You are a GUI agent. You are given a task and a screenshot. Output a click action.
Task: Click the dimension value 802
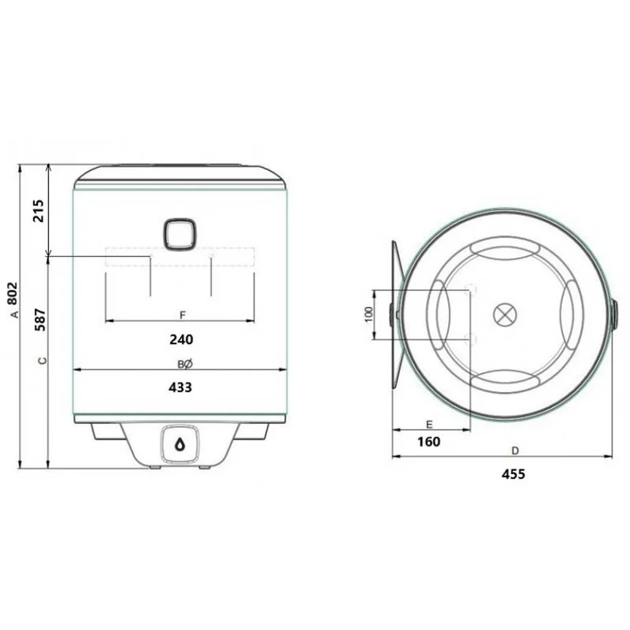point(13,294)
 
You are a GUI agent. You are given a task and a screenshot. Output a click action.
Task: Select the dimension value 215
point(39,210)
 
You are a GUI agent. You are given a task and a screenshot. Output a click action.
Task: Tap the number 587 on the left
point(40,320)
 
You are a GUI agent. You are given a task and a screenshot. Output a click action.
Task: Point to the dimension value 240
point(181,340)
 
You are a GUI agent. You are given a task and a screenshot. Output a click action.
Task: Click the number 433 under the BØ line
point(180,387)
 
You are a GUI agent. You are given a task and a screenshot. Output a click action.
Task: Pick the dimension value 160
point(428,442)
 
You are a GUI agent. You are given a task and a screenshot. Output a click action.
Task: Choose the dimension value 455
point(513,475)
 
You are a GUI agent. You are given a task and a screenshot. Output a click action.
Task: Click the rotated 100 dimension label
point(369,314)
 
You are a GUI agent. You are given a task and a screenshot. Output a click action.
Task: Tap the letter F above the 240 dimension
point(183,315)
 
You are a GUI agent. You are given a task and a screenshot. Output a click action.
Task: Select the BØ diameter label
point(185,365)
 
